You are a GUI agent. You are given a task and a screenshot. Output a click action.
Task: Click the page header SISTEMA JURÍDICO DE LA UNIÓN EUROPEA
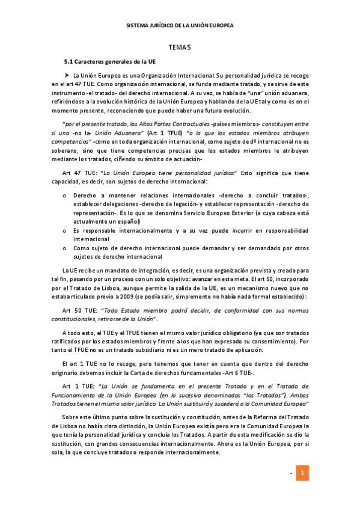(x=180, y=26)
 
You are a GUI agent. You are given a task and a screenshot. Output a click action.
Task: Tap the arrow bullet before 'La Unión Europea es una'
(x=67, y=75)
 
